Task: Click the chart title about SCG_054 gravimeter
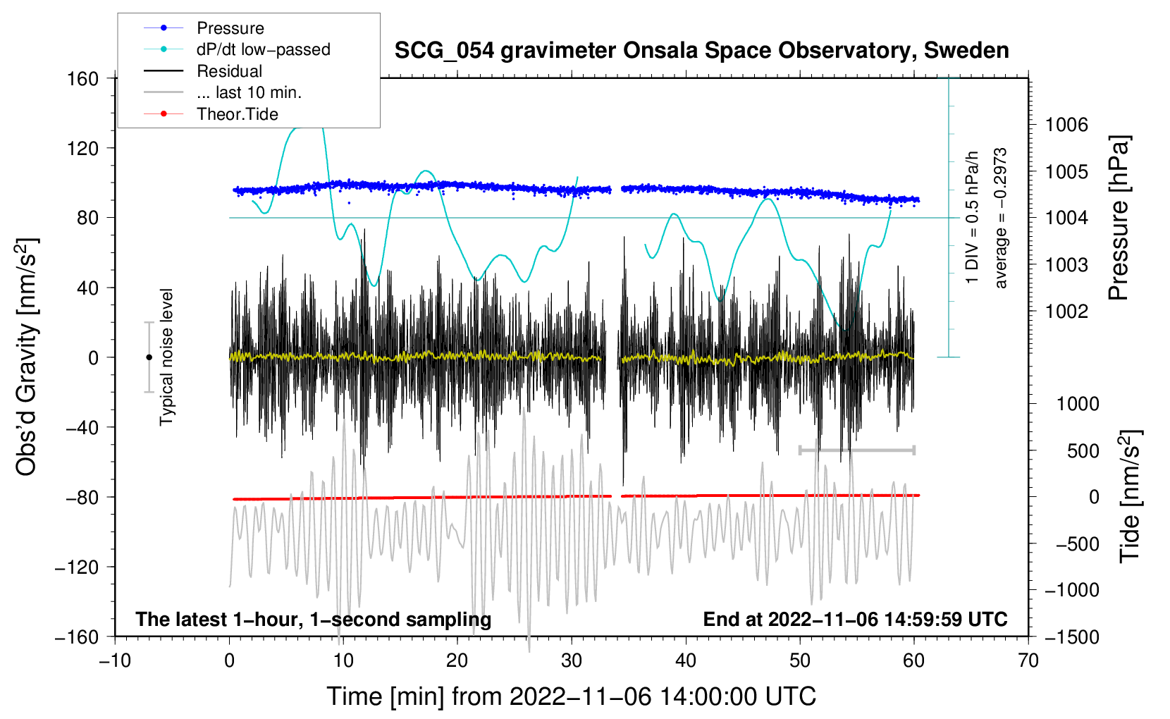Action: coord(701,51)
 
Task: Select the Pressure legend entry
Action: coord(230,28)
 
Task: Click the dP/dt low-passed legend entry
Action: coord(263,49)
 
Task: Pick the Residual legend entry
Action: coord(229,71)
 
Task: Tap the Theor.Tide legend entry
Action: coord(237,114)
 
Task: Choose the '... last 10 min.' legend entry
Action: coord(249,92)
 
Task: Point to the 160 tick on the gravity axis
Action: coord(83,78)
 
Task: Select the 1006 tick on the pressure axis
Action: coord(1066,125)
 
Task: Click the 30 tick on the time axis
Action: coord(572,660)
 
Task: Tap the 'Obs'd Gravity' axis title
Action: coord(27,357)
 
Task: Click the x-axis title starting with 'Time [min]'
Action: coord(572,696)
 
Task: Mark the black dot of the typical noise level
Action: coord(149,357)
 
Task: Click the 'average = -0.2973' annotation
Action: coord(1001,219)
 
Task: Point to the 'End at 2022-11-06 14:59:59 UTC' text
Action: coord(855,620)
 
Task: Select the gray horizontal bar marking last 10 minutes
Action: coord(856,450)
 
